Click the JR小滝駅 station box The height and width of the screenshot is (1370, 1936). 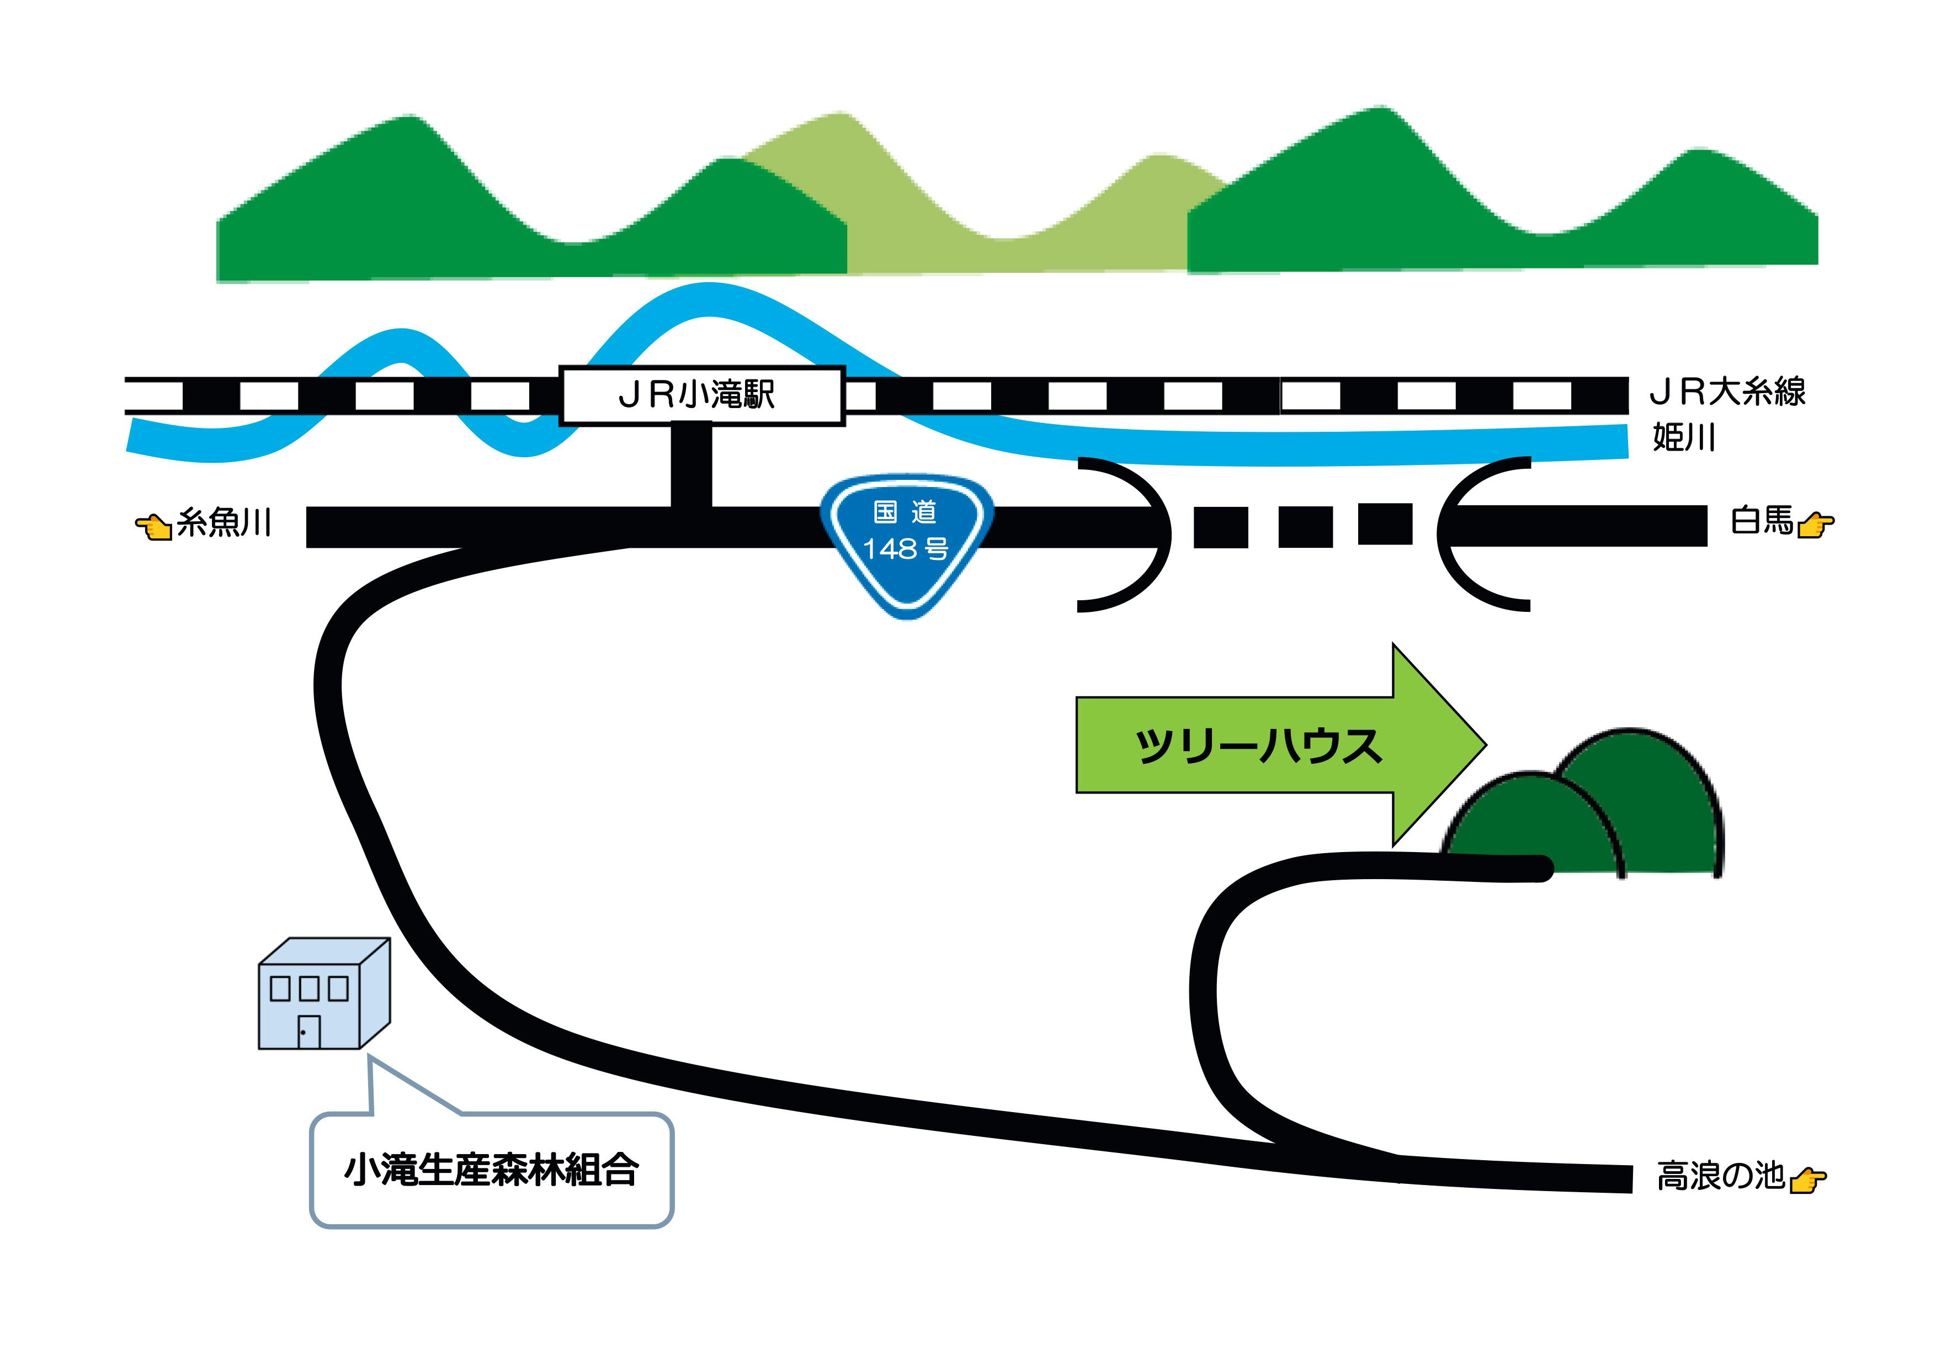coord(701,395)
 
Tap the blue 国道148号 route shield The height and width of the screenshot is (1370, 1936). coord(906,540)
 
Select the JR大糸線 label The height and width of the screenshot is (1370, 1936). coord(1727,392)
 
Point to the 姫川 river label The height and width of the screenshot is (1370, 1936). coord(1684,438)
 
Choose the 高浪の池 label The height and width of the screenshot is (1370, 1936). coord(1720,1176)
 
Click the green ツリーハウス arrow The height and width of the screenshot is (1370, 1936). coord(1265,745)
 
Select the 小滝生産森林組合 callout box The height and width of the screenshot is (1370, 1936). coord(492,1171)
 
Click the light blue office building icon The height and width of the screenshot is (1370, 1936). coord(324,996)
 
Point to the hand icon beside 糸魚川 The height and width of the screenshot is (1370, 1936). coord(153,526)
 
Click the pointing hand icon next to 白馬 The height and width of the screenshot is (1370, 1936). coord(1815,525)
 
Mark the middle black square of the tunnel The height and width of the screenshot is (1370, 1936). coord(1305,527)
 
